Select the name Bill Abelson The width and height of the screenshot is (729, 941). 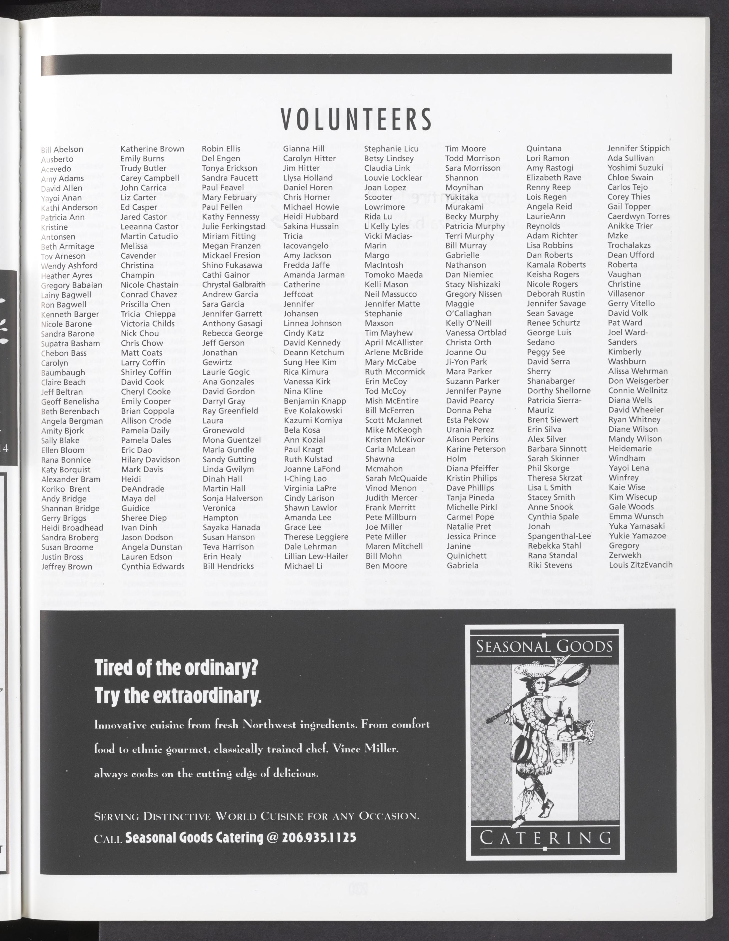click(62, 150)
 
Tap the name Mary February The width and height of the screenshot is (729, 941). click(229, 197)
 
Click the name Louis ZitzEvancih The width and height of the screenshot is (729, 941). click(640, 565)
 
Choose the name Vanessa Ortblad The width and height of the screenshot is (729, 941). click(476, 333)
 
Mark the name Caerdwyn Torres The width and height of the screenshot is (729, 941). click(639, 216)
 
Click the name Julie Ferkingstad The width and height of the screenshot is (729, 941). click(233, 226)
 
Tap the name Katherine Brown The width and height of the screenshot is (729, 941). click(152, 149)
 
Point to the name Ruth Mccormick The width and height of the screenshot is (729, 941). click(394, 372)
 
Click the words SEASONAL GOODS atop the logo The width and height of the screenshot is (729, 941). click(545, 647)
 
